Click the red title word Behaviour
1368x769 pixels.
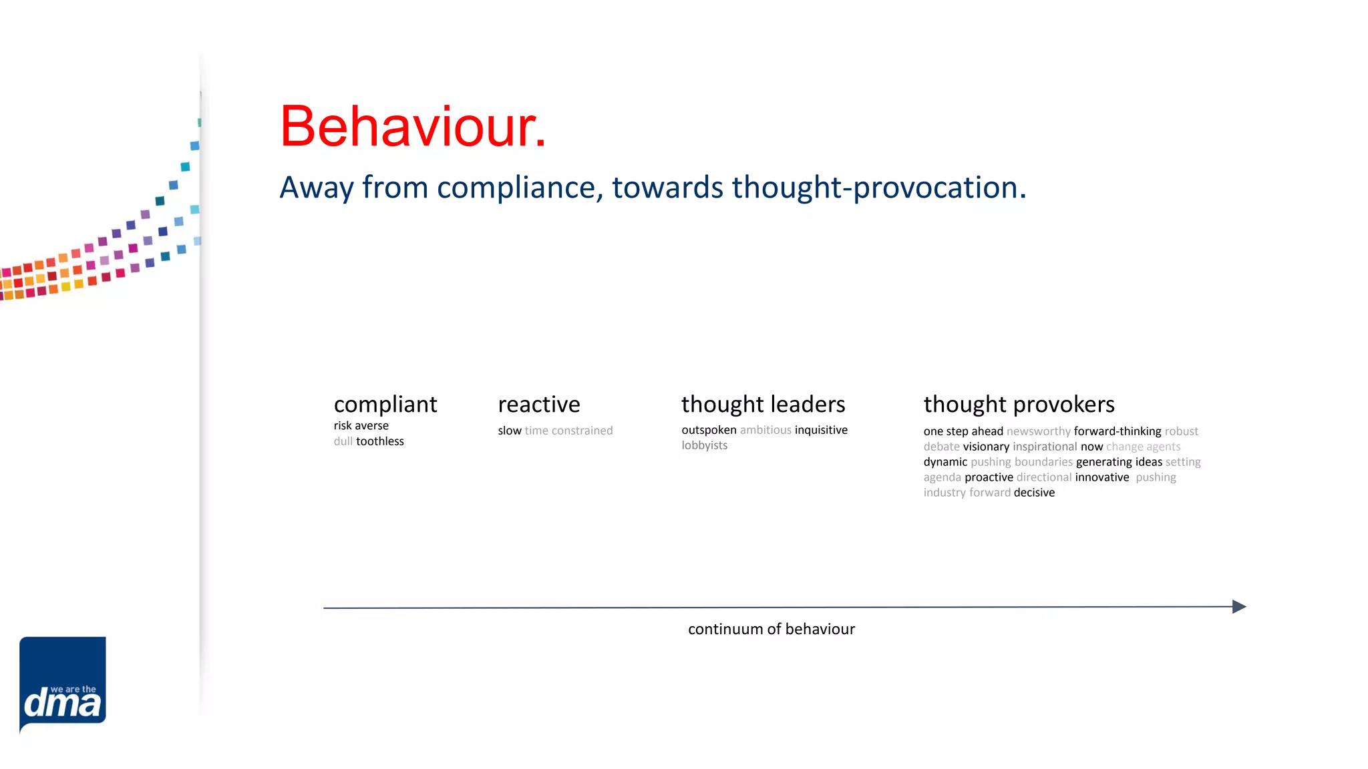click(x=412, y=127)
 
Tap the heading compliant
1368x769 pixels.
click(x=385, y=405)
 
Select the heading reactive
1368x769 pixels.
click(x=539, y=405)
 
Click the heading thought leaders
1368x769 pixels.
click(x=763, y=405)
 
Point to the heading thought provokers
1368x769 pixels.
click(x=1019, y=405)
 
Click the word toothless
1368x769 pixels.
click(x=379, y=441)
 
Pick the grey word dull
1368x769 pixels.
click(x=343, y=441)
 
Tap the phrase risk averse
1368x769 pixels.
click(x=361, y=426)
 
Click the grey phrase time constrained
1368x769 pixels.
click(x=568, y=431)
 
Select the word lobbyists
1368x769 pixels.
click(x=704, y=445)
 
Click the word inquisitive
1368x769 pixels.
click(x=820, y=430)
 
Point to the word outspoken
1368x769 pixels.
click(x=709, y=430)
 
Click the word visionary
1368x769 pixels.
click(x=986, y=447)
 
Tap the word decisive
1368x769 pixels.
click(x=1034, y=493)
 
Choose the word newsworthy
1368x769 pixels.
click(x=1038, y=431)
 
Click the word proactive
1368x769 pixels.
click(x=989, y=477)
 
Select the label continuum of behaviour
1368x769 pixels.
click(x=771, y=629)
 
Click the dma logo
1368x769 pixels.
click(x=63, y=684)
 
